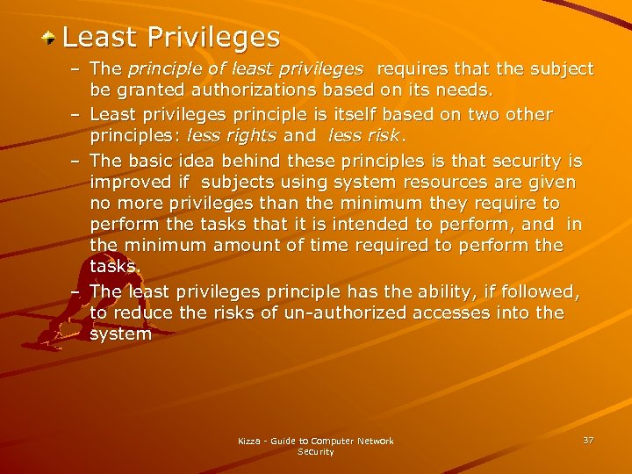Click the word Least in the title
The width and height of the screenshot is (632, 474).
point(100,38)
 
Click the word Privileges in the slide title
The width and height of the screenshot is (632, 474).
point(213,38)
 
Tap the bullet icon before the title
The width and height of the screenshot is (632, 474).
point(51,38)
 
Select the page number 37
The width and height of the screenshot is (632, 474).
point(587,439)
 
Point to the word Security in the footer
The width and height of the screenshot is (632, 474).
point(315,452)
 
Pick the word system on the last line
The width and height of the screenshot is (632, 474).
point(120,334)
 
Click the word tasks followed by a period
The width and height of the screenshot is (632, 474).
point(113,267)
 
